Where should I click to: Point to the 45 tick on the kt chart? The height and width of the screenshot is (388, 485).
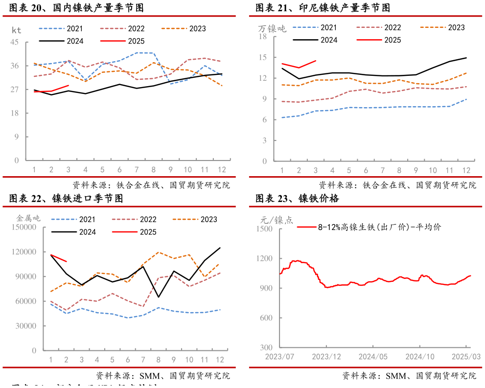coord(15,42)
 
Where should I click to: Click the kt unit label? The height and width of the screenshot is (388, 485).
coord(16,30)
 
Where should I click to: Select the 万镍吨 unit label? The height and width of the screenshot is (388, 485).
coord(272,29)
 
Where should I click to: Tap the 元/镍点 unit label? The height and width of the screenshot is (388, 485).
coord(277,220)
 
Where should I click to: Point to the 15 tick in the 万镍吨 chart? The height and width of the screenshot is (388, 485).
coord(263,57)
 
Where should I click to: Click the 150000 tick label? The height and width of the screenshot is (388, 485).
coord(23,227)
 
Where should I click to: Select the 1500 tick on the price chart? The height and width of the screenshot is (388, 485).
coord(264,229)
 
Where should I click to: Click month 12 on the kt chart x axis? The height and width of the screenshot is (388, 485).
coord(221,170)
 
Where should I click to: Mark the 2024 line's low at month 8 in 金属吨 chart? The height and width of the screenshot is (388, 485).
coord(159,297)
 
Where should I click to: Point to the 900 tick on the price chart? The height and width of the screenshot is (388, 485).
coord(266,288)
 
